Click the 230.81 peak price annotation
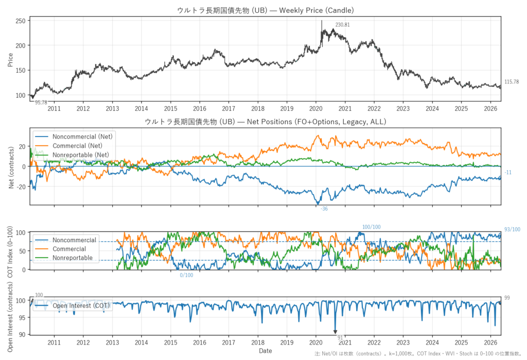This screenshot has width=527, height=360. pyautogui.click(x=342, y=25)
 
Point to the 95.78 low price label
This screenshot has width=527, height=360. pyautogui.click(x=41, y=102)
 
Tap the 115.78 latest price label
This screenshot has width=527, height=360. pyautogui.click(x=512, y=82)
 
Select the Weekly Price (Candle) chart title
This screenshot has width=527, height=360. pyautogui.click(x=266, y=10)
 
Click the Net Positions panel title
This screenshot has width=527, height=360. pyautogui.click(x=266, y=122)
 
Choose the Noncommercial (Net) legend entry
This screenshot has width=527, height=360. pyautogui.click(x=74, y=136)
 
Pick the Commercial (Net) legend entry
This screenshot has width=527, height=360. pyautogui.click(x=69, y=146)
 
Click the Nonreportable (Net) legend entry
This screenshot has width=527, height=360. pyautogui.click(x=72, y=155)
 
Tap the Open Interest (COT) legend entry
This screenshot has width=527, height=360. pyautogui.click(x=72, y=305)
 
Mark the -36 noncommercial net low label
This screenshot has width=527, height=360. pyautogui.click(x=324, y=209)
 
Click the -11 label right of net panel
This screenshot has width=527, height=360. pyautogui.click(x=508, y=173)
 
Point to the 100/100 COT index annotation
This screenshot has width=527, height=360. pyautogui.click(x=372, y=227)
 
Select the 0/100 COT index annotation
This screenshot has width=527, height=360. pyautogui.click(x=186, y=275)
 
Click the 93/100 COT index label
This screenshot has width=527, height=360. pyautogui.click(x=512, y=230)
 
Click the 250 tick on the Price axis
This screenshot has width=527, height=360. pyautogui.click(x=21, y=21)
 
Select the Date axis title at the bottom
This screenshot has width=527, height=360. pyautogui.click(x=266, y=351)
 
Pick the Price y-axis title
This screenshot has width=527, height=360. pyautogui.click(x=10, y=60)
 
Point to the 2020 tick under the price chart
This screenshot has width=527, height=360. pyautogui.click(x=315, y=108)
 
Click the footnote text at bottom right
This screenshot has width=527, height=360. pyautogui.click(x=418, y=354)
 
